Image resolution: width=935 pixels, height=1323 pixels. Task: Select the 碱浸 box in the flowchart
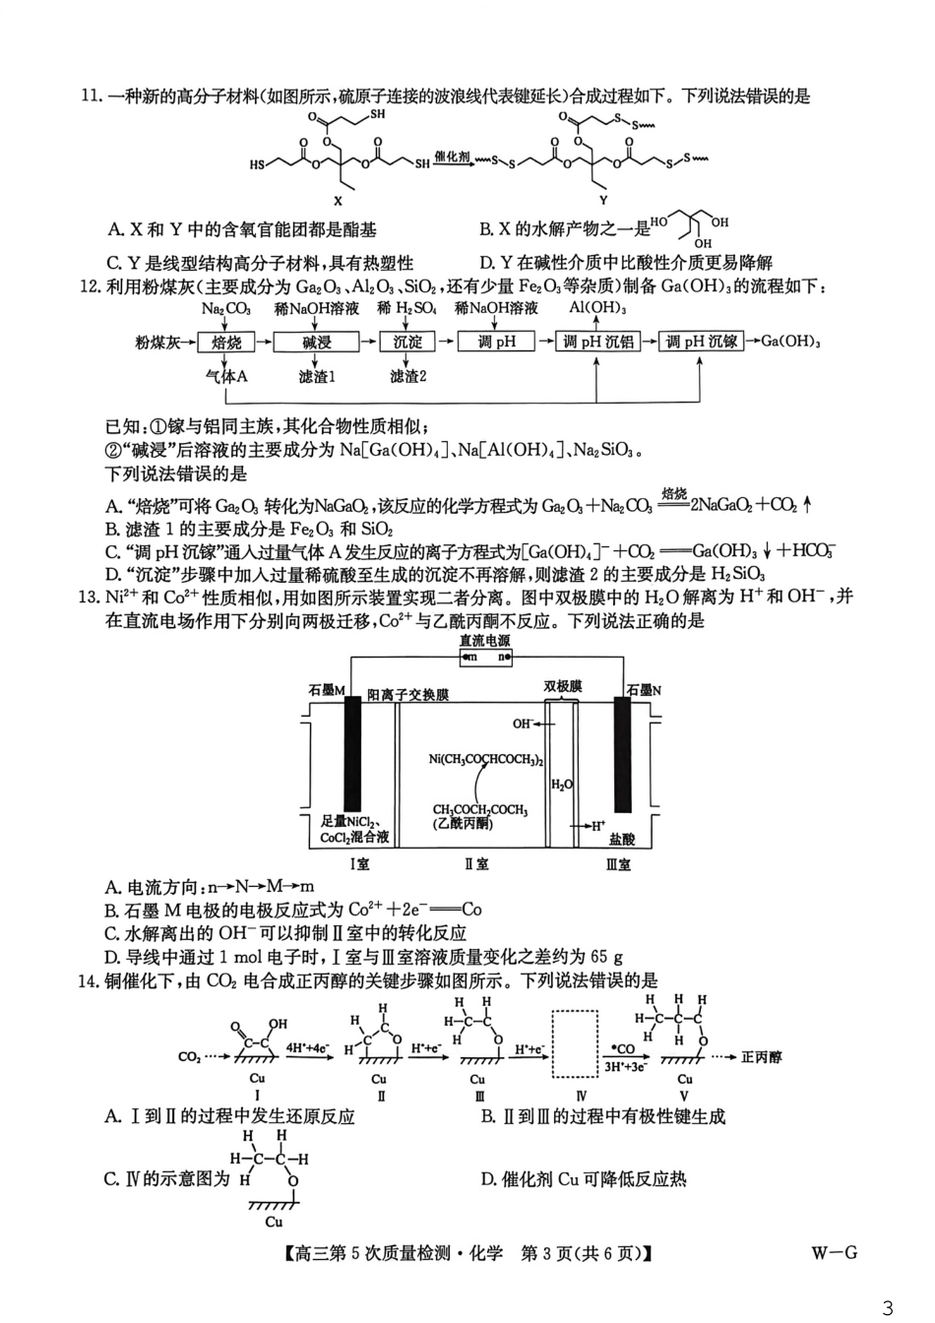coord(317,342)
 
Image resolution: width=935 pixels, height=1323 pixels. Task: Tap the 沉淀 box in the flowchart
coord(407,342)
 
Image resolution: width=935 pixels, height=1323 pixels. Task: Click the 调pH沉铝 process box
coord(598,342)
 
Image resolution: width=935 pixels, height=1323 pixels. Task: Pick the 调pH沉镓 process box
coord(701,342)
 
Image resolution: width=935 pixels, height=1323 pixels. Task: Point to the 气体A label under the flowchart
coord(225,376)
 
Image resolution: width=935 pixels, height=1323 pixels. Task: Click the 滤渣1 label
coord(317,376)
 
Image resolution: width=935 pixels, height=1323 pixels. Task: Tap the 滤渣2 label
coord(407,376)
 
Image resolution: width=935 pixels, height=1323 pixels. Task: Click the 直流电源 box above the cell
coord(485,649)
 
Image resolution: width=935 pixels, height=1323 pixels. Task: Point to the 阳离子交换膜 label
coord(407,694)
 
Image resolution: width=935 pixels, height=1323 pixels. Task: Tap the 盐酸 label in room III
coord(622,840)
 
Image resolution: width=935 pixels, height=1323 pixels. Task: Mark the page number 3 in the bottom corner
coord(888,1308)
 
